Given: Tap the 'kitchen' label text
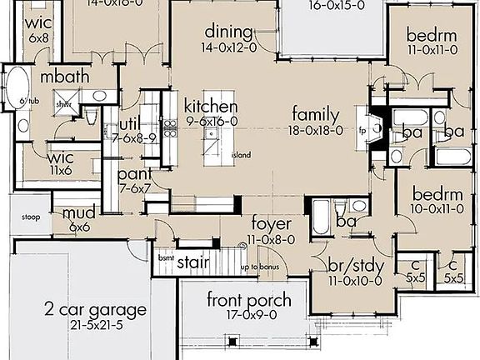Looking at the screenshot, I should coord(211,107).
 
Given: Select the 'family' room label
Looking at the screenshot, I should coord(315,114).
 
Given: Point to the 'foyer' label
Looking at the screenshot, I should coord(271,223).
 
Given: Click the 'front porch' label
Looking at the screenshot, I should coord(237,300).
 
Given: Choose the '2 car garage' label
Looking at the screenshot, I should coord(96,310).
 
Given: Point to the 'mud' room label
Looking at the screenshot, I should coord(79,213).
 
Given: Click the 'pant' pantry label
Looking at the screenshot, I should coord(134,174).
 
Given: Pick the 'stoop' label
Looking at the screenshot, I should coord(31,219).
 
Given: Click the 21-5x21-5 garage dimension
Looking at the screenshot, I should coord(96,325).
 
